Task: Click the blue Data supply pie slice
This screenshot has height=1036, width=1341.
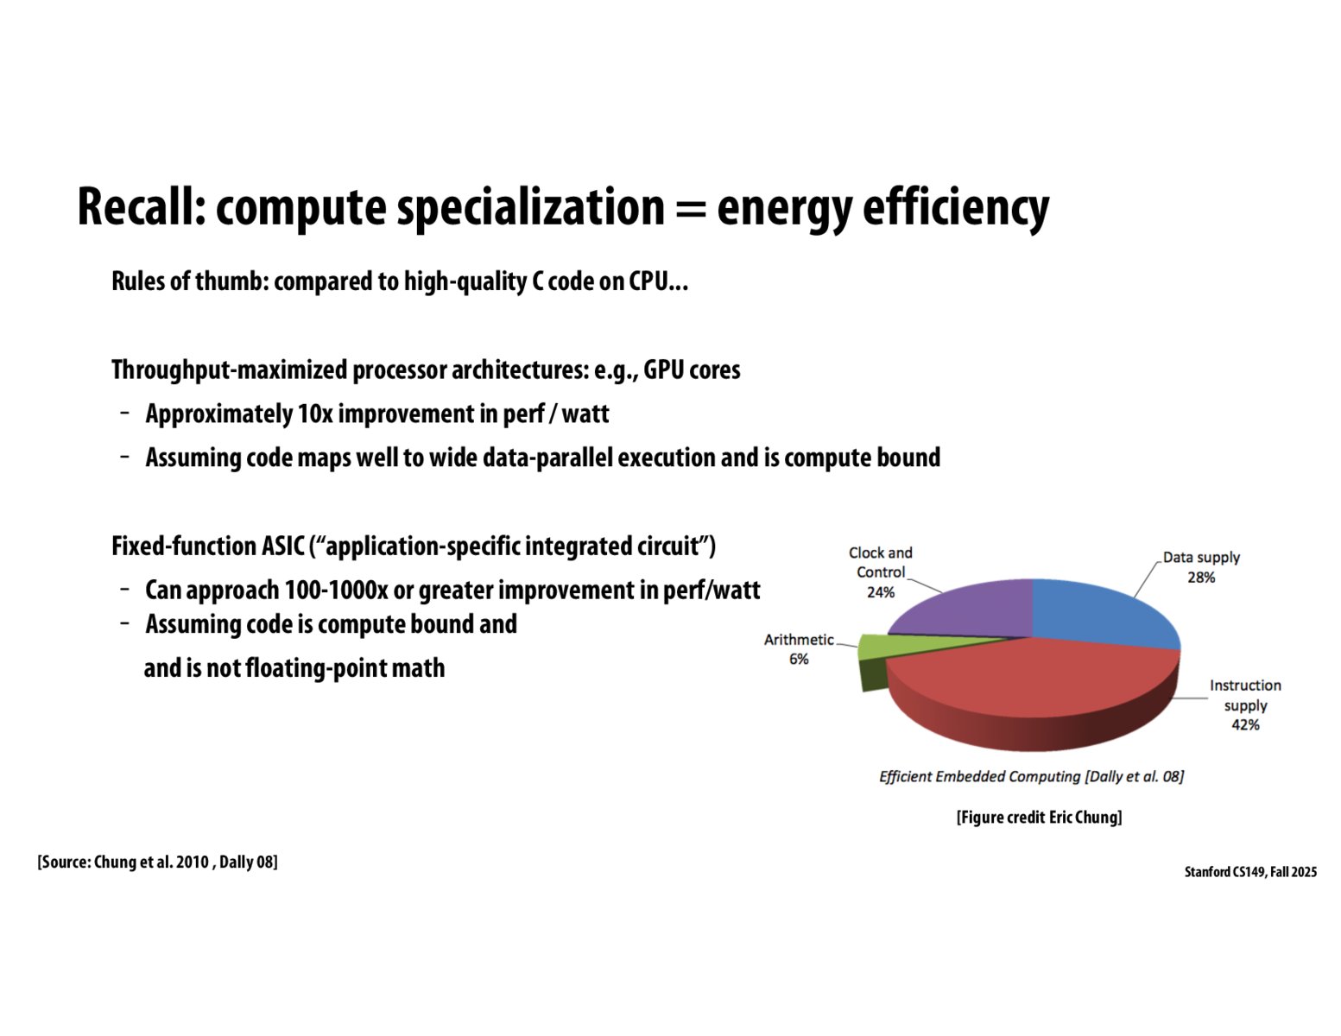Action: [1098, 611]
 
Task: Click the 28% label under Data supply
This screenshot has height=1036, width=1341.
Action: [1201, 578]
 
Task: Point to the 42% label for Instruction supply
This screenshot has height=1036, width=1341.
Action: [1245, 725]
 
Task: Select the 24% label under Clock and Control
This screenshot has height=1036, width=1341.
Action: [880, 592]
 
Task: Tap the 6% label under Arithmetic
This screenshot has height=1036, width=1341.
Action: [799, 659]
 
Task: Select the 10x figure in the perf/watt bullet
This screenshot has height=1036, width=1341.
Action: [314, 414]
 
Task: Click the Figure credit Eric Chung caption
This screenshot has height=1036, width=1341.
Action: [1039, 817]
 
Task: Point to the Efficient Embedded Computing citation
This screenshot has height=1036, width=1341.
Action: [1031, 776]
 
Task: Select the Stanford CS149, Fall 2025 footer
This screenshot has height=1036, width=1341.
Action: [1250, 871]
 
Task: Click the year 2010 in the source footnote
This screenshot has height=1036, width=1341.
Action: [192, 862]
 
